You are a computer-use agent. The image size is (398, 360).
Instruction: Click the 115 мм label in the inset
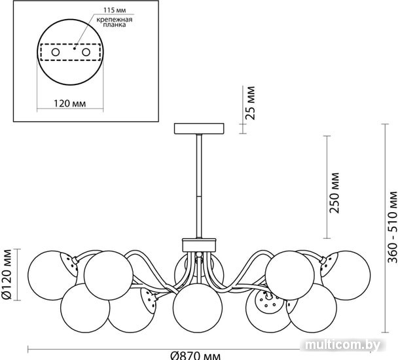click(115, 10)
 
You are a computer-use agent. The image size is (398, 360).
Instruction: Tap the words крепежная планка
click(115, 22)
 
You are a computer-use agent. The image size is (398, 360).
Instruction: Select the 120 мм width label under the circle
click(70, 103)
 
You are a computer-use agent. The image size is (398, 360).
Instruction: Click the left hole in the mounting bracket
click(56, 52)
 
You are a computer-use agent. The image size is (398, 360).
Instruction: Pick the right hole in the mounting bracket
click(86, 52)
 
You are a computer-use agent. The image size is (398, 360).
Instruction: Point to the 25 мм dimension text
click(251, 103)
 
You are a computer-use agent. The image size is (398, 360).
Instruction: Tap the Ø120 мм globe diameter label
click(7, 274)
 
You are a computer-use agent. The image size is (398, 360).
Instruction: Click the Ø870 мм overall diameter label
click(196, 356)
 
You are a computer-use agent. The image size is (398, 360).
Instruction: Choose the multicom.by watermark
click(343, 345)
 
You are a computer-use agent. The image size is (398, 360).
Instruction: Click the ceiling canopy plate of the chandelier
click(199, 128)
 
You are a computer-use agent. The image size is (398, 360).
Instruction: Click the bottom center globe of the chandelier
click(198, 308)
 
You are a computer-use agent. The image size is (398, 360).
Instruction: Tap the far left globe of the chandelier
click(52, 276)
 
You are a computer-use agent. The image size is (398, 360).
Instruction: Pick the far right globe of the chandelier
click(346, 276)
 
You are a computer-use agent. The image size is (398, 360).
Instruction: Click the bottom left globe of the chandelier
click(85, 308)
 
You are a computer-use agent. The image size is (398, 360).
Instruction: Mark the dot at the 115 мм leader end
click(75, 48)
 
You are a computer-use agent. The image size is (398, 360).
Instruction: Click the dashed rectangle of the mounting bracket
click(71, 52)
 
